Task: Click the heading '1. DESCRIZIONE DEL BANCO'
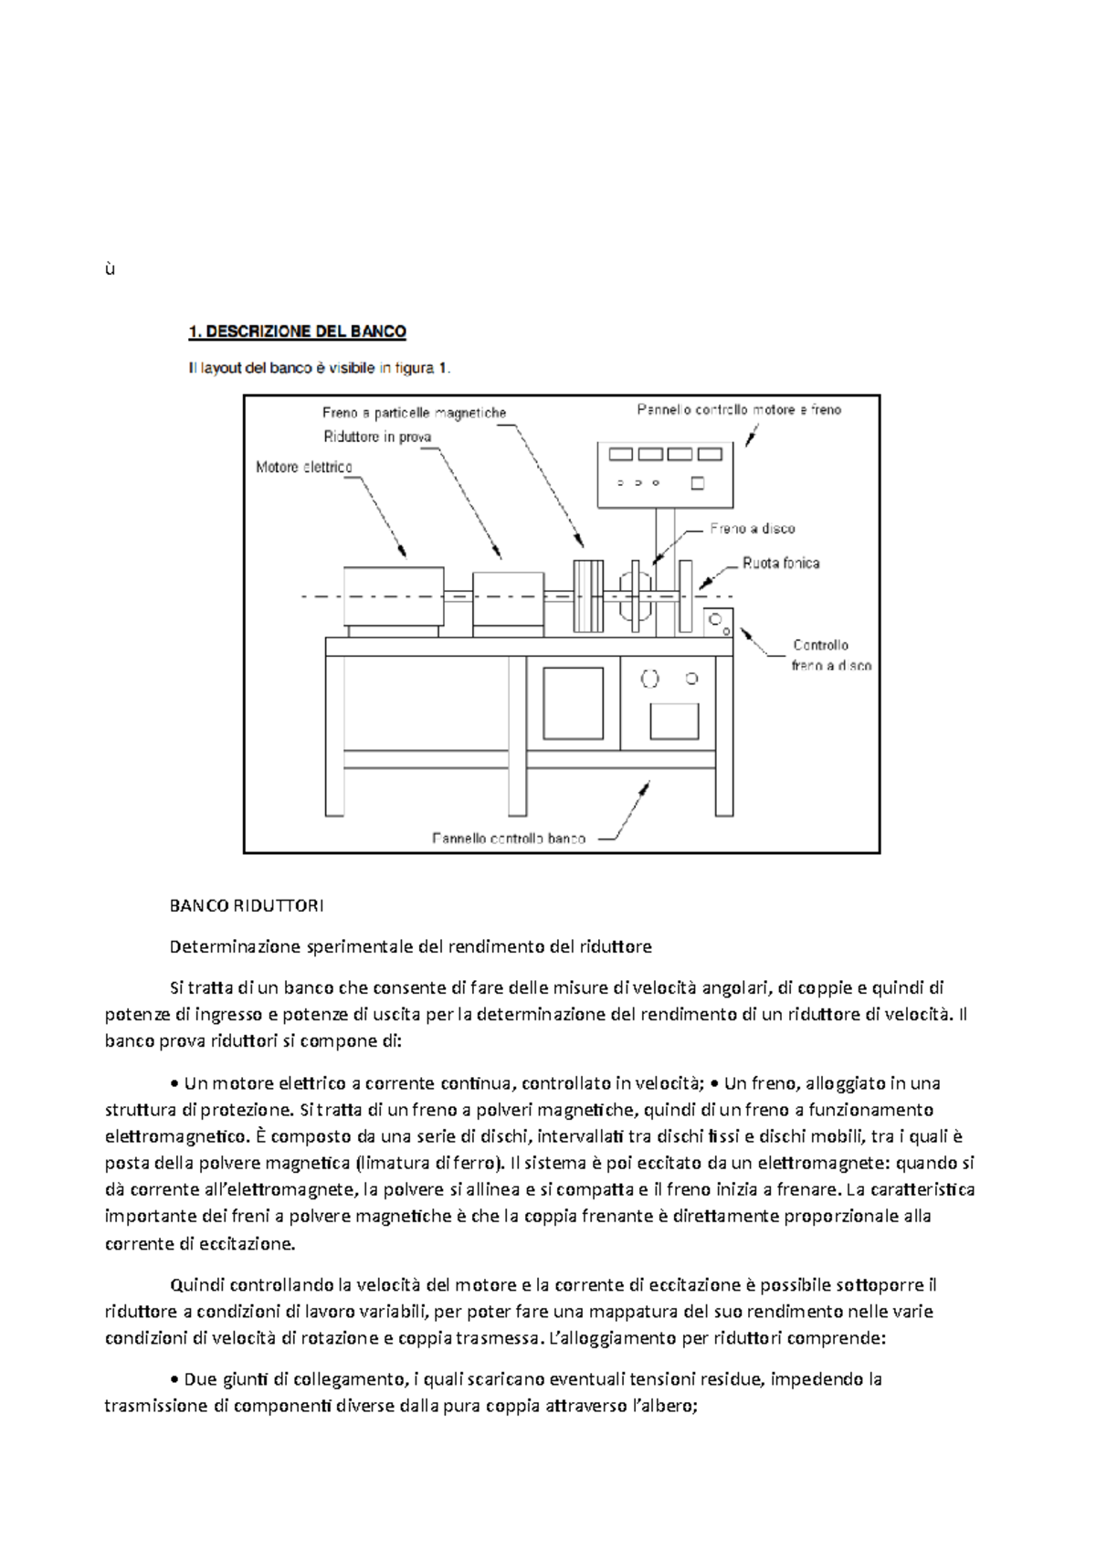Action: click(297, 332)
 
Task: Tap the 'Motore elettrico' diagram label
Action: click(303, 467)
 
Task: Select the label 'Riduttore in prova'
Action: click(377, 437)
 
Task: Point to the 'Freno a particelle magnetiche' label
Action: click(414, 413)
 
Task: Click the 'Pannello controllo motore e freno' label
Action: click(739, 410)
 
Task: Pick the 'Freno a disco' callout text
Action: click(753, 529)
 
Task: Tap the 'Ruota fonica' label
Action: click(781, 564)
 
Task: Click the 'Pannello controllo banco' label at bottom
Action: click(509, 838)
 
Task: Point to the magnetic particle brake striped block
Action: click(588, 596)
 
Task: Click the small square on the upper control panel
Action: click(698, 483)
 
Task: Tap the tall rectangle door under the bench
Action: click(573, 702)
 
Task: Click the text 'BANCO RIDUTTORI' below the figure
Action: click(247, 906)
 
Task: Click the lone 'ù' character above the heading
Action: click(110, 269)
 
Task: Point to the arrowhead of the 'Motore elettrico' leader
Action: click(403, 553)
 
